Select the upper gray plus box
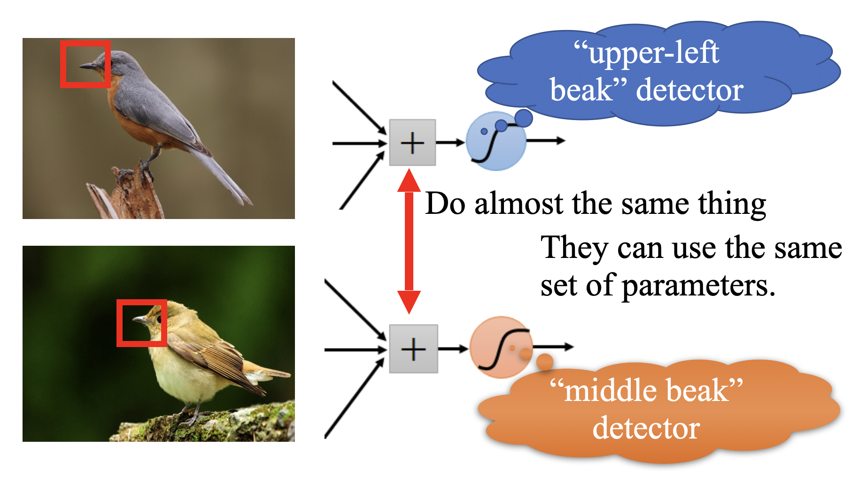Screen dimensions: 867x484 pyautogui.click(x=412, y=143)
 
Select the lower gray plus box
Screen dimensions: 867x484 pyautogui.click(x=413, y=349)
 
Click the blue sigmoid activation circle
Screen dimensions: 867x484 pyautogui.click(x=496, y=141)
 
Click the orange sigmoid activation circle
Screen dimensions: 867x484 pyautogui.click(x=501, y=347)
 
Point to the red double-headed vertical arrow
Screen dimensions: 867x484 pyautogui.click(x=409, y=241)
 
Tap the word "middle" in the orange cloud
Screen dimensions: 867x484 pyautogui.click(x=605, y=390)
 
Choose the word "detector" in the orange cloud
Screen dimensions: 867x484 pyautogui.click(x=646, y=428)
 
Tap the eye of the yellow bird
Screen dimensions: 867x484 pyautogui.click(x=159, y=319)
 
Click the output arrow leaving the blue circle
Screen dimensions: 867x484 pyautogui.click(x=546, y=140)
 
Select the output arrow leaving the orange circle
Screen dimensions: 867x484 pyautogui.click(x=553, y=347)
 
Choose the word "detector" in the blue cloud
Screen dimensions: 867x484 pyautogui.click(x=689, y=90)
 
